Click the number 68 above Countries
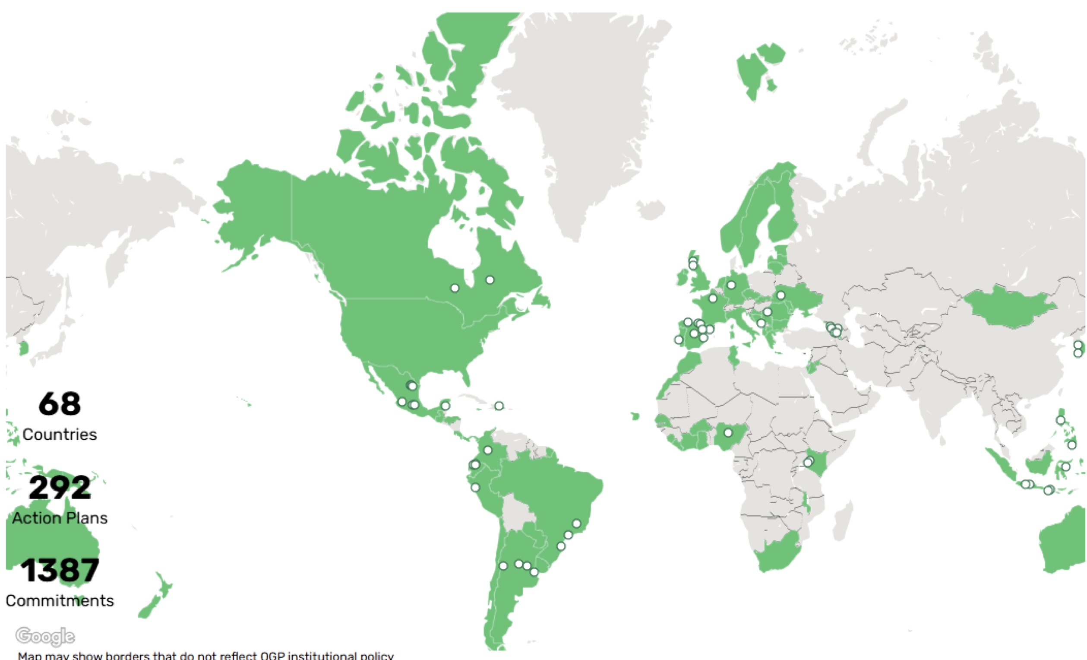pyautogui.click(x=60, y=404)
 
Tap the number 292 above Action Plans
pyautogui.click(x=60, y=488)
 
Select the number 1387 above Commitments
pyautogui.click(x=60, y=571)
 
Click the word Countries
pyautogui.click(x=60, y=435)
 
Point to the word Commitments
pyautogui.click(x=60, y=601)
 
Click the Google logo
pyautogui.click(x=45, y=636)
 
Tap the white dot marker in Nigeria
pyautogui.click(x=728, y=433)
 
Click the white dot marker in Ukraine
pyautogui.click(x=781, y=295)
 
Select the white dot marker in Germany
pyautogui.click(x=731, y=285)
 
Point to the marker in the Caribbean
pyautogui.click(x=499, y=406)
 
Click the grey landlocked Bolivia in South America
pyautogui.click(x=516, y=514)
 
